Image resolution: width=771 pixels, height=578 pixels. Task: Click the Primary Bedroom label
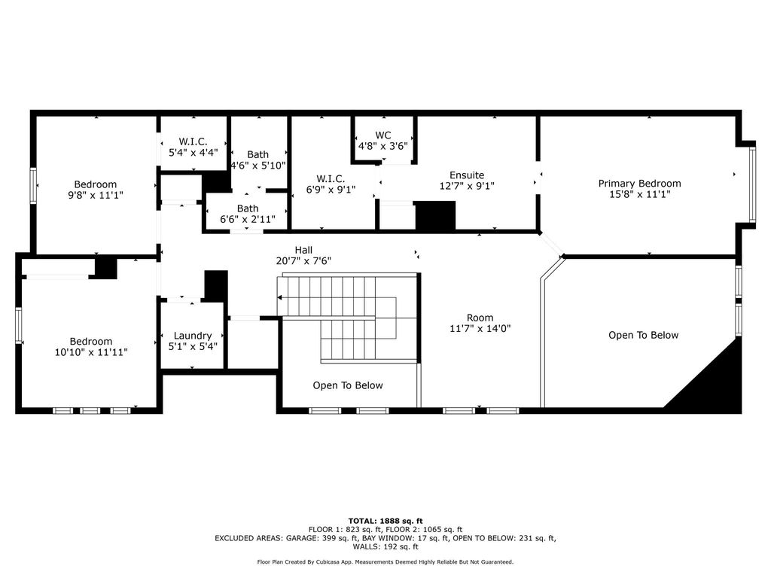[639, 184]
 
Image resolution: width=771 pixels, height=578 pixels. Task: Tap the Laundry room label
[192, 336]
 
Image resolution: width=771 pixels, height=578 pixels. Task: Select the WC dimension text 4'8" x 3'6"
[382, 146]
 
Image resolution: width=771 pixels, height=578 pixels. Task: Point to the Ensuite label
[467, 175]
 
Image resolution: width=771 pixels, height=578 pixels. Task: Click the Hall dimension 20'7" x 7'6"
[303, 261]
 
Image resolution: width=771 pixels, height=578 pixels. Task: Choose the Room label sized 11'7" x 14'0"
[480, 318]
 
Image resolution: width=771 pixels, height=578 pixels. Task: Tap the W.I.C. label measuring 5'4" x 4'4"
[193, 141]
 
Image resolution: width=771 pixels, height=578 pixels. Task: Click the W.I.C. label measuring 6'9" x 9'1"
[331, 178]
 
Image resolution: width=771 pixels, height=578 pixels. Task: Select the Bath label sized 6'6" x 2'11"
[247, 208]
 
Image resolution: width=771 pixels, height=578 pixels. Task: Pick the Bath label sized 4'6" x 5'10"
[258, 154]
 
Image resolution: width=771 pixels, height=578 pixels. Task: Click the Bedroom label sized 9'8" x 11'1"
[96, 184]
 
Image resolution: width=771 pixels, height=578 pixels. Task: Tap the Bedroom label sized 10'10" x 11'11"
[91, 341]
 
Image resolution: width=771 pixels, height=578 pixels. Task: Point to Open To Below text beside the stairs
[348, 385]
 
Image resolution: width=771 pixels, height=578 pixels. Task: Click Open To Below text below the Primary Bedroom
[643, 335]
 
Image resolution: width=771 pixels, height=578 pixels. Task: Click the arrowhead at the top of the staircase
[279, 297]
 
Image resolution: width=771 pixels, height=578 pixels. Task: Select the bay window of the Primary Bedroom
[752, 185]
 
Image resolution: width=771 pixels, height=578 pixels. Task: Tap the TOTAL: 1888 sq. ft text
[385, 521]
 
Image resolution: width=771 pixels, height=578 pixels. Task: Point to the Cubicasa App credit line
[385, 561]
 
